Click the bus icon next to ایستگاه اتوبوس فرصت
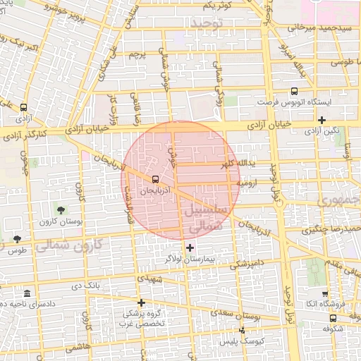click(x=293, y=91)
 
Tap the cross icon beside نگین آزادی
click(x=322, y=121)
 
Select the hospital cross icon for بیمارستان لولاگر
click(x=189, y=247)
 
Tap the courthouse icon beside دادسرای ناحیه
click(x=26, y=293)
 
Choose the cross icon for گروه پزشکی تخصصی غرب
click(x=141, y=302)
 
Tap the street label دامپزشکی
click(x=247, y=264)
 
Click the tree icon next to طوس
click(x=16, y=239)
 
